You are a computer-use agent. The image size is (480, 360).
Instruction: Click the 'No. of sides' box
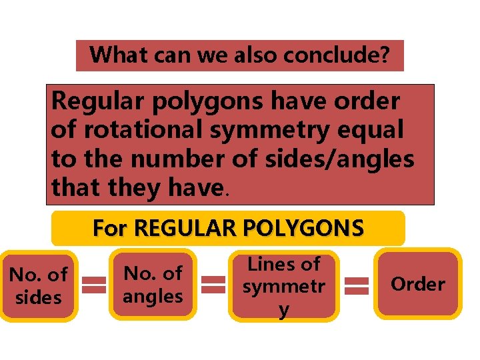click(x=39, y=285)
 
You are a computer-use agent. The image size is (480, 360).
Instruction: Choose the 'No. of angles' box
click(x=153, y=284)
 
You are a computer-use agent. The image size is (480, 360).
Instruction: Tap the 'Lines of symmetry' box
click(x=283, y=286)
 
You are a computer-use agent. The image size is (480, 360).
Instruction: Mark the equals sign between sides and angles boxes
click(x=95, y=285)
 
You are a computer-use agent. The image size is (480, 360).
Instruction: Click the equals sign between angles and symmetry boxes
click(x=213, y=285)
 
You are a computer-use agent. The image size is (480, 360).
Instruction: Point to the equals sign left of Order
click(x=357, y=285)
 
